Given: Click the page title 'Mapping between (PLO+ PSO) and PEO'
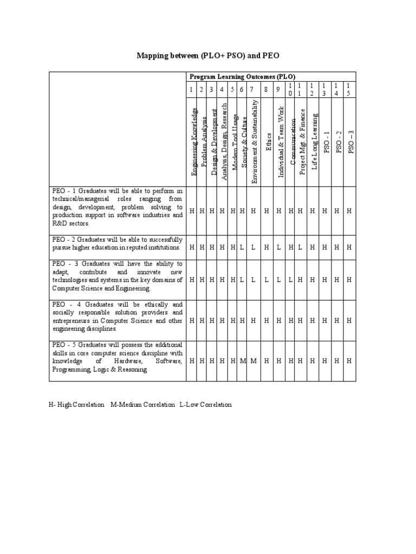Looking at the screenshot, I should coord(207,56).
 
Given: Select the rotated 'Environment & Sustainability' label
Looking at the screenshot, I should coord(253,141).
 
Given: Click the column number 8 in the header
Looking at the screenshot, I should coord(266,89).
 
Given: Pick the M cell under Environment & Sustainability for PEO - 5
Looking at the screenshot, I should coord(253,361).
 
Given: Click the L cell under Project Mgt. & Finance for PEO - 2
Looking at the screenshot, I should coord(300,247).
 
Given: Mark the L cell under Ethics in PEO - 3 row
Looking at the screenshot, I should coord(266,280).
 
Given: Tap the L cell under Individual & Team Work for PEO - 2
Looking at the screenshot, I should coord(278,247).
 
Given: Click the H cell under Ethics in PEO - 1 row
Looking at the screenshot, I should coord(266,211).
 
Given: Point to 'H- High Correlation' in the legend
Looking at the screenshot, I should coord(76,405).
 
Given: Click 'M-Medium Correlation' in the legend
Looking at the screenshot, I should coord(142,405).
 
